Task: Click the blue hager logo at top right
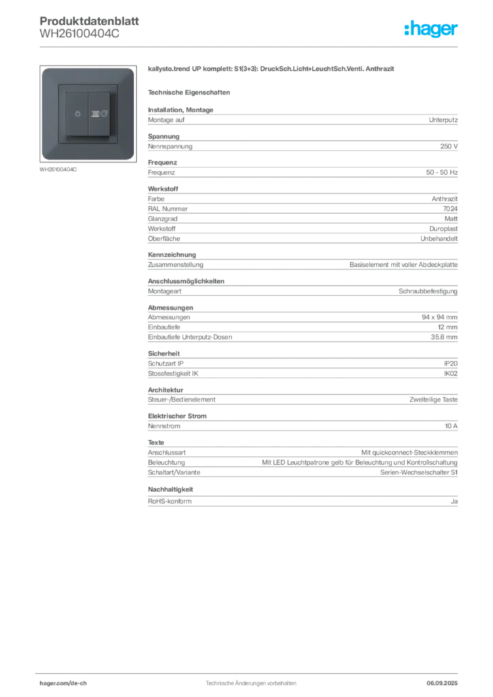pos(432,29)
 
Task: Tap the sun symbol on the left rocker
pos(75,114)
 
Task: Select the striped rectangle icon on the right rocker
pos(94,114)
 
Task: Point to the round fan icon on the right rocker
pos(103,114)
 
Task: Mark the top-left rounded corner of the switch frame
pos(45,71)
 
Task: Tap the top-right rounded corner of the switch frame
pos(129,71)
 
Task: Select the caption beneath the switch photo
pos(60,169)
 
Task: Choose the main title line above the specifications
pos(272,69)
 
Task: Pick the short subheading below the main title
pos(191,91)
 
